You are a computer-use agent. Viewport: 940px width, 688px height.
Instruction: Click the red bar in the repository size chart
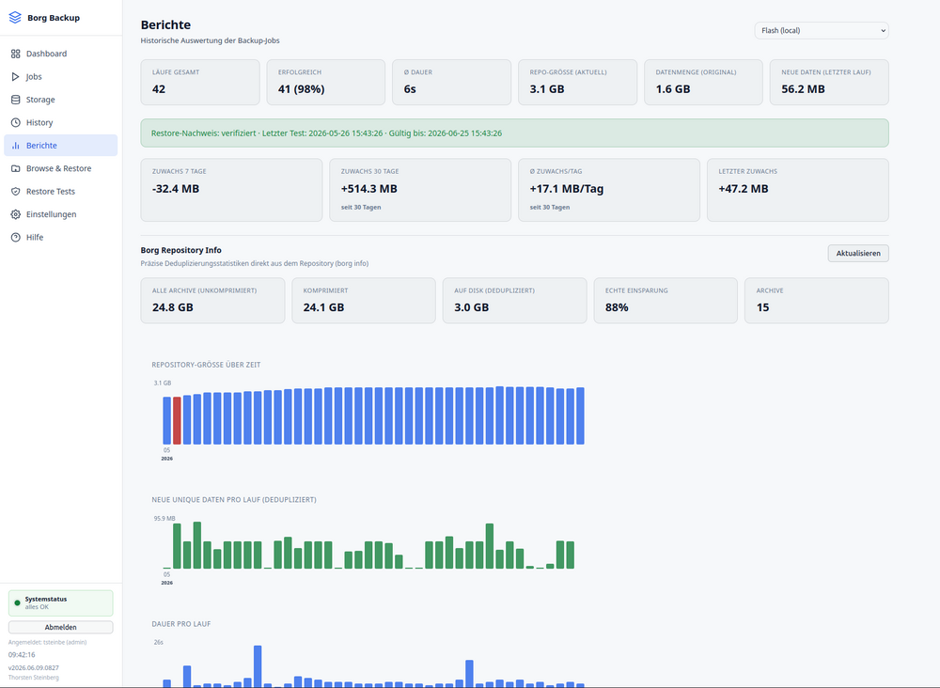pyautogui.click(x=177, y=421)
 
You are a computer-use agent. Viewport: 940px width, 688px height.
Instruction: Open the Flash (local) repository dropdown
pyautogui.click(x=822, y=31)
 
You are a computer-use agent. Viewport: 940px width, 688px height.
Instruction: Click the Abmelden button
pyautogui.click(x=60, y=627)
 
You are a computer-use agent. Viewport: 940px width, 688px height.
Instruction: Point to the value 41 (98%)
pyautogui.click(x=301, y=89)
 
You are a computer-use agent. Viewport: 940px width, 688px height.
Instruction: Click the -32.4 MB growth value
pyautogui.click(x=176, y=189)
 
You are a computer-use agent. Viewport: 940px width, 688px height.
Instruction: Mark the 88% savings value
pyautogui.click(x=617, y=307)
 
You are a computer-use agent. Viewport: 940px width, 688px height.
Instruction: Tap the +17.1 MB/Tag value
pyautogui.click(x=567, y=189)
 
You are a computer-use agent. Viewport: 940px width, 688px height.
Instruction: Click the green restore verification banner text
pyautogui.click(x=327, y=133)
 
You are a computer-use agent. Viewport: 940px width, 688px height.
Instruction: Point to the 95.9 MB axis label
pyautogui.click(x=164, y=519)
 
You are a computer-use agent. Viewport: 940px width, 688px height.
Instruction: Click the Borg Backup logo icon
pyautogui.click(x=15, y=18)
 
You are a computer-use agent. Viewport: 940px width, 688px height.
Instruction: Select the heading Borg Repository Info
pyautogui.click(x=181, y=250)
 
